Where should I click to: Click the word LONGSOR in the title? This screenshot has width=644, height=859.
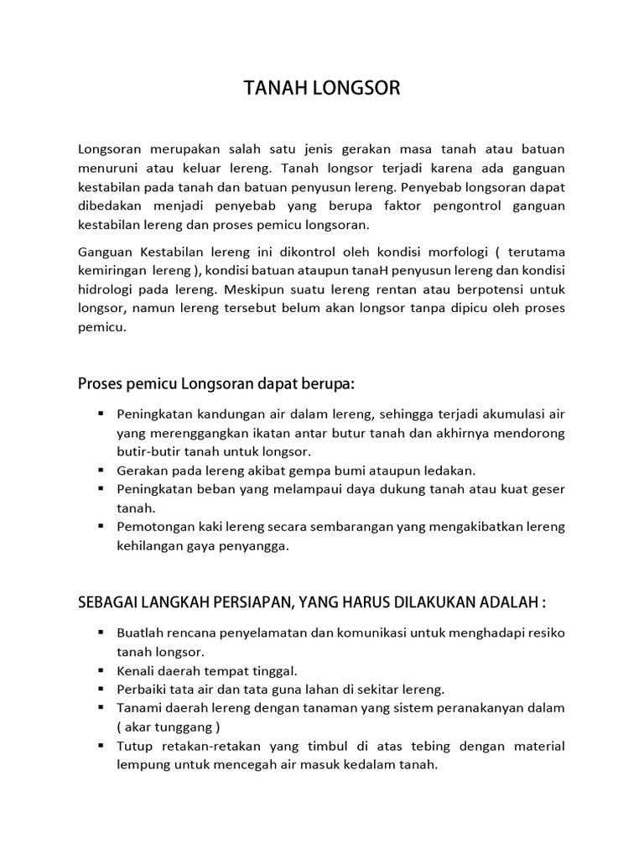pos(357,89)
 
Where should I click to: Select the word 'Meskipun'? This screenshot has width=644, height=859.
pos(255,289)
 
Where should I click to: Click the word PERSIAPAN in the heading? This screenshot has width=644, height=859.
pos(263,603)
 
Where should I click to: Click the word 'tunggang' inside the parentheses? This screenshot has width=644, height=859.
pos(181,726)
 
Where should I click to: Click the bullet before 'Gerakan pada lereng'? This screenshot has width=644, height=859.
pos(101,470)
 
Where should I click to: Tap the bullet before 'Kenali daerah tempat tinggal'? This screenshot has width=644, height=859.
pos(101,670)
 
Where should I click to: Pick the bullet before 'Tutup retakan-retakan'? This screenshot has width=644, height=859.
pos(101,746)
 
